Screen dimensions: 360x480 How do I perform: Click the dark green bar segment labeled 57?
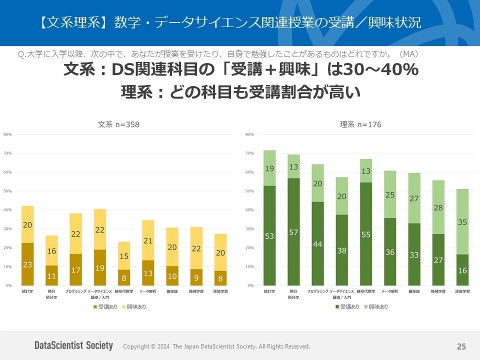pos(294,231)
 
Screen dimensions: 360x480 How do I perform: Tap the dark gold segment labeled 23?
pos(27,264)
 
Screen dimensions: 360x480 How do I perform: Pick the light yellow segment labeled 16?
pos(51,250)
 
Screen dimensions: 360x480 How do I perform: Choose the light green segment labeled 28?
pos(438,207)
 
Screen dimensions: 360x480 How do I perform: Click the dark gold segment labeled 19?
pos(100,267)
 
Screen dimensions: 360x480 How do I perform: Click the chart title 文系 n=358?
pos(118,124)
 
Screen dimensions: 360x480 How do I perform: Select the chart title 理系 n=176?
pos(360,124)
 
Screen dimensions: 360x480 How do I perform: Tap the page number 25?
pos(461,346)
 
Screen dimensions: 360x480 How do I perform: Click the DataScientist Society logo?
pos(73,345)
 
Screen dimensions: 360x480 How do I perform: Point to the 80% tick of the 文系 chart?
pos(7,134)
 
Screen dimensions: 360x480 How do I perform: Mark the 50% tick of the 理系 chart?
pos(250,191)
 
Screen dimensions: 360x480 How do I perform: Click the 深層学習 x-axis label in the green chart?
pos(463,290)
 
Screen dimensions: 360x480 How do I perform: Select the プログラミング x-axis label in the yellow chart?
pos(75,290)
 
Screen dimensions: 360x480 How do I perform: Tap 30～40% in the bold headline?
pos(380,70)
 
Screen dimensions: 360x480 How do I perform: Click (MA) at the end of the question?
pos(408,54)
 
